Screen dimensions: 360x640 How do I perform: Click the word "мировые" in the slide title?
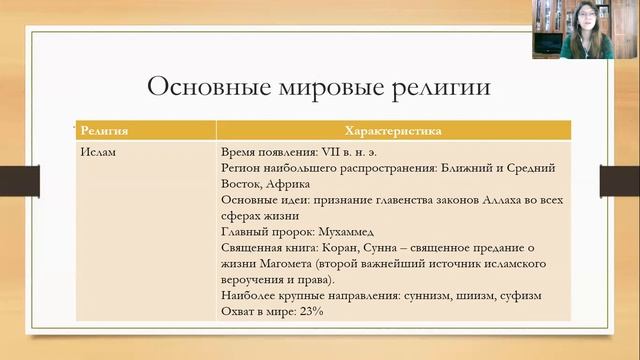tap(329, 87)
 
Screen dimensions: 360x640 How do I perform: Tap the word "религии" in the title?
tap(443, 87)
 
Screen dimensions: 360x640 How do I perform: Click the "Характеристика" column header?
tap(394, 131)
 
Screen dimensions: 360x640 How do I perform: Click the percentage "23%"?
tap(311, 312)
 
